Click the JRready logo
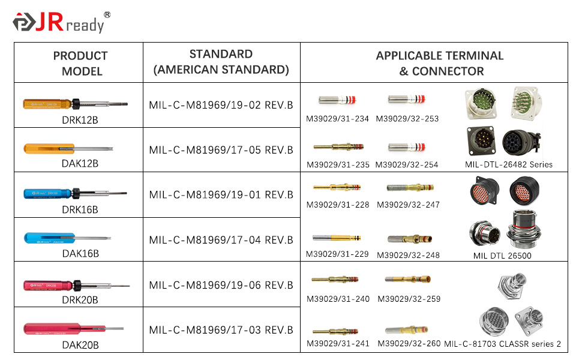pyautogui.click(x=62, y=22)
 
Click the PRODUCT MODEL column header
pyautogui.click(x=80, y=64)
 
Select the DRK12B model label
pyautogui.click(x=80, y=120)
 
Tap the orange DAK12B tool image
pyautogui.click(x=68, y=149)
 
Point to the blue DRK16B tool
pyautogui.click(x=76, y=193)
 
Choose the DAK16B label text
pyautogui.click(x=80, y=253)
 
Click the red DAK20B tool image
pyautogui.click(x=73, y=329)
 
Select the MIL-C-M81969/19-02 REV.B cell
pyautogui.click(x=221, y=105)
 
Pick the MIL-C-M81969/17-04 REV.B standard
pyautogui.click(x=221, y=240)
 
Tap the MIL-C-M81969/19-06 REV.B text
pyautogui.click(x=221, y=285)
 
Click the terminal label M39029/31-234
pyautogui.click(x=337, y=119)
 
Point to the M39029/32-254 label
pyautogui.click(x=407, y=165)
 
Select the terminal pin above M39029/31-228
pyautogui.click(x=337, y=187)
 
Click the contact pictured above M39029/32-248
pyautogui.click(x=410, y=239)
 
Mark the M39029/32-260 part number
pyautogui.click(x=409, y=344)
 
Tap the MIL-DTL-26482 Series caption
pyautogui.click(x=509, y=165)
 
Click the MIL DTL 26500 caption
pyautogui.click(x=502, y=256)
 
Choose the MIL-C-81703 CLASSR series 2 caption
pyautogui.click(x=503, y=344)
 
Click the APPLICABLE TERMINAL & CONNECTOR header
pyautogui.click(x=440, y=64)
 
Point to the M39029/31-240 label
pyautogui.click(x=338, y=299)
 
